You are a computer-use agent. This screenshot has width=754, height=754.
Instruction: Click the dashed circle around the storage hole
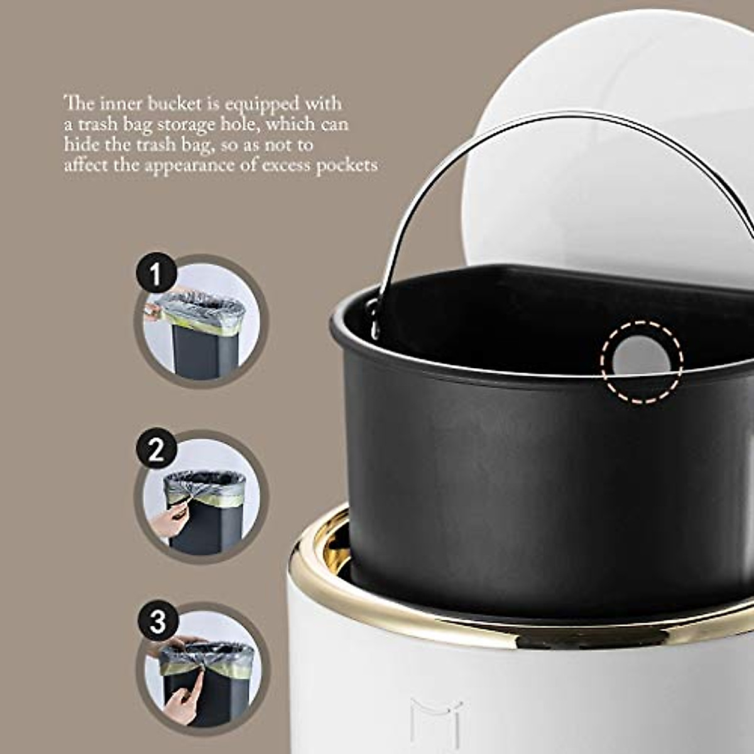pos(641,361)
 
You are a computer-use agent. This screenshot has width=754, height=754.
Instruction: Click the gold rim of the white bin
pos(440,628)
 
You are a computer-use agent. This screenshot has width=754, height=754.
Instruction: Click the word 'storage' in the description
pos(186,124)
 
